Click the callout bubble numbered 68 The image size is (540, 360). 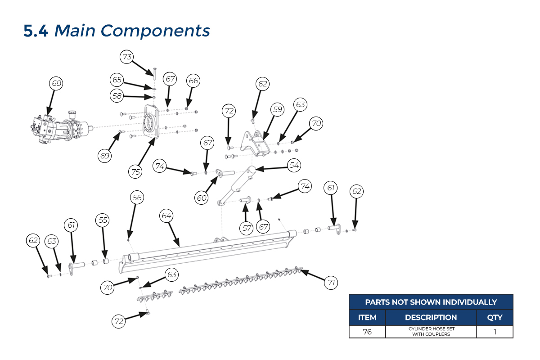tap(56, 83)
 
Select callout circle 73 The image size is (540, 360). tap(127, 57)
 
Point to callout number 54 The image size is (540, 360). tap(294, 166)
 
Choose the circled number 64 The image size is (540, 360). tap(166, 216)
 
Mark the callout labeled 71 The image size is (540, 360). tap(331, 283)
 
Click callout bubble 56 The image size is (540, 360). tap(137, 197)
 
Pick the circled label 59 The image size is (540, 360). tap(277, 109)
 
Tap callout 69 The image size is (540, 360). tap(105, 156)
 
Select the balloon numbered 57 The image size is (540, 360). tap(247, 228)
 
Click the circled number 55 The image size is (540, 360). tap(103, 220)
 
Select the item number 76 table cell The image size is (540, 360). tap(367, 332)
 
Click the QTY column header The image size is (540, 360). tap(495, 317)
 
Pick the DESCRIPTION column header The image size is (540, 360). tap(431, 317)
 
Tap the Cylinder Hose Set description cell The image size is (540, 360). tap(431, 332)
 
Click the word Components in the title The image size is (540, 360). tap(155, 31)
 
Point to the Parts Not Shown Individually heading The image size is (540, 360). tap(431, 302)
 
